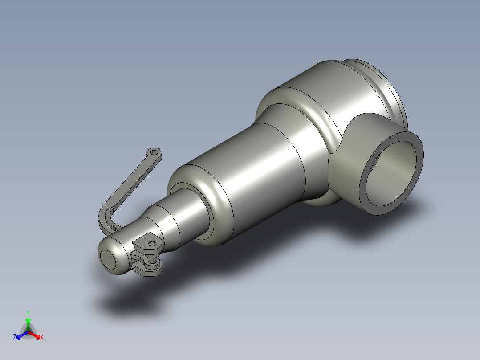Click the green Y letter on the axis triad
coord(28,313)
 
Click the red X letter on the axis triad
coord(42,338)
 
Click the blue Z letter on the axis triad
coord(15,337)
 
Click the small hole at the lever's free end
coord(155,153)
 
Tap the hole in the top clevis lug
coord(152,244)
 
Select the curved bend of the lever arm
coord(106,213)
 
